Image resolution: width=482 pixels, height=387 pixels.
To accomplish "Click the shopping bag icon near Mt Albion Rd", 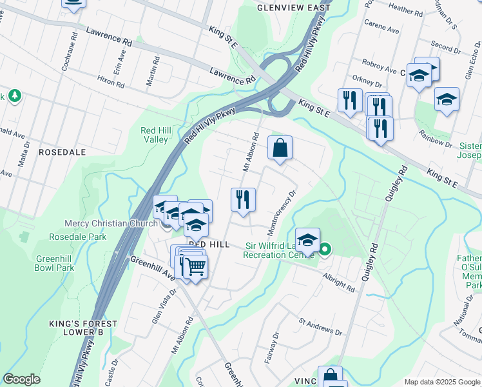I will point(280,148).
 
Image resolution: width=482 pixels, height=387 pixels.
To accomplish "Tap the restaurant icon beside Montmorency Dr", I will point(243,199).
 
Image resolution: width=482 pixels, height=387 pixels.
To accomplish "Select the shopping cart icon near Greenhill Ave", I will point(195,266).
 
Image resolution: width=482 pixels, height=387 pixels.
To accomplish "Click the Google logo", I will point(21,379).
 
